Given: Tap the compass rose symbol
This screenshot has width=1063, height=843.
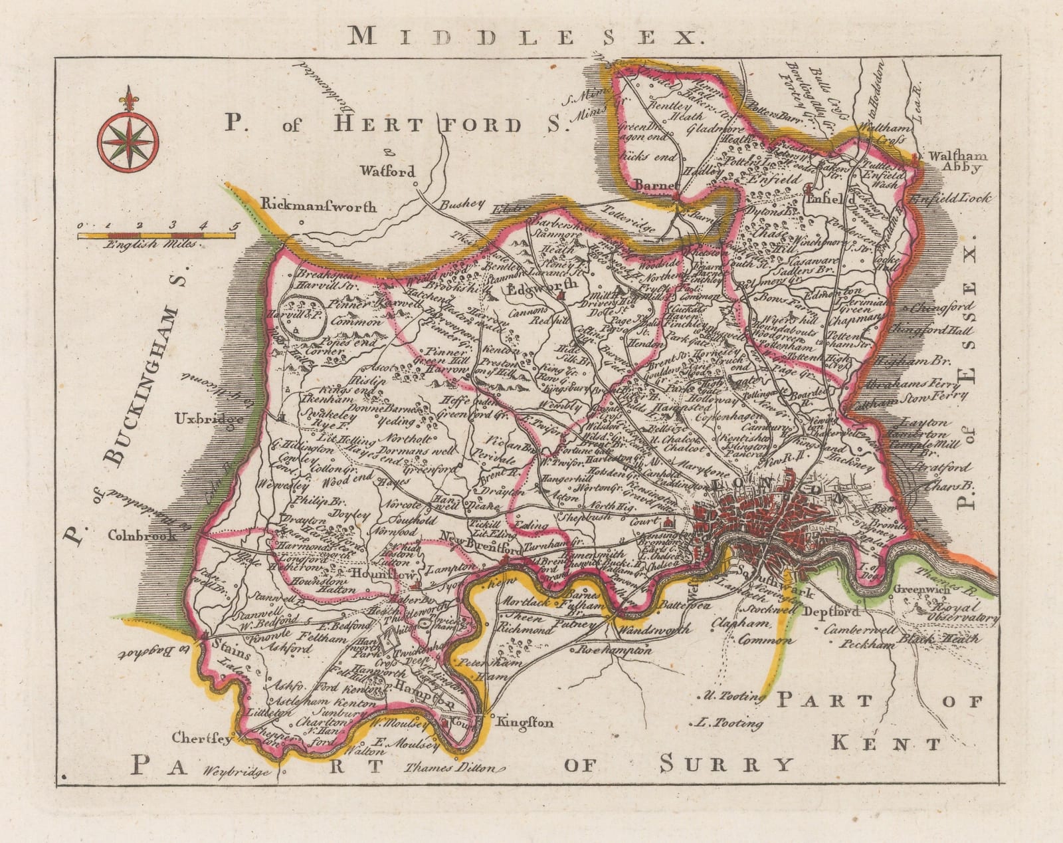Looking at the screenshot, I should pyautogui.click(x=128, y=136).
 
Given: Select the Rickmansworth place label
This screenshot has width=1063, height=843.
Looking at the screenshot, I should pyautogui.click(x=320, y=206).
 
